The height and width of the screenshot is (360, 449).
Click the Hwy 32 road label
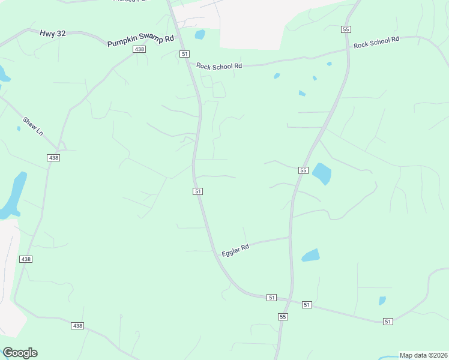tap(53, 34)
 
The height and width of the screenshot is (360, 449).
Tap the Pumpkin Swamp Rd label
tap(140, 41)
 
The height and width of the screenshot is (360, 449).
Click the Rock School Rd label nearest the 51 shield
tap(218, 65)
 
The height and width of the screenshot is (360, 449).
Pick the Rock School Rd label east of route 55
tap(376, 43)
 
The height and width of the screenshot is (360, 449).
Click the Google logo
tap(20, 353)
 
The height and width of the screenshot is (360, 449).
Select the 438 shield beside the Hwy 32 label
tap(139, 49)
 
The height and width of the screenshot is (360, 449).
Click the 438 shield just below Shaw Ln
tap(53, 157)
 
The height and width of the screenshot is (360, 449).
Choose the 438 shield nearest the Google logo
tap(77, 325)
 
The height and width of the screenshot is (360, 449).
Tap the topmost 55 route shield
tap(345, 29)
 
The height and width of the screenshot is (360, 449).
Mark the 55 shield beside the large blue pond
tap(303, 170)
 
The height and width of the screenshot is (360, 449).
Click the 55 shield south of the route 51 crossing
tap(283, 316)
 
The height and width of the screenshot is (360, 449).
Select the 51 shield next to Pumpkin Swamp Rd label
tap(184, 54)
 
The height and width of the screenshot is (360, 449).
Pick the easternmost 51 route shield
tap(388, 322)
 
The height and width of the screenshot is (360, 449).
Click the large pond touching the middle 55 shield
tap(322, 174)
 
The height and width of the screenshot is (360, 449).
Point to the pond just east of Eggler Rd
tap(311, 255)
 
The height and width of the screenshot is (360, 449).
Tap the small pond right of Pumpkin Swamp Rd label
tap(200, 34)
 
